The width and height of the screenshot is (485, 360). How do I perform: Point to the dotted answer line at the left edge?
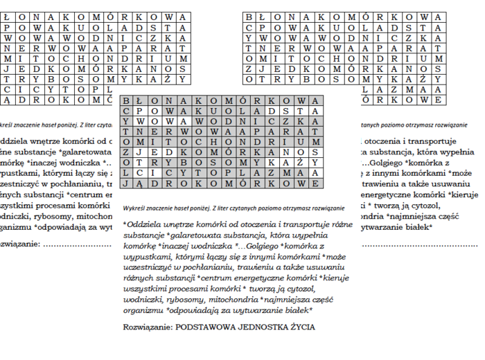click(x=76, y=244)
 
